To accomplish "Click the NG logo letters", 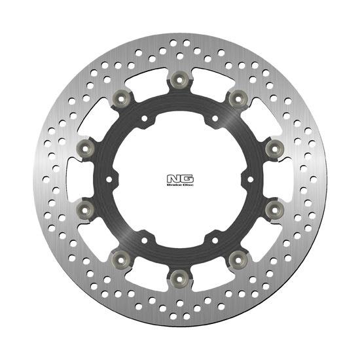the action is coord(180,179).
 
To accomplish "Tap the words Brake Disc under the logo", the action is coord(180,185).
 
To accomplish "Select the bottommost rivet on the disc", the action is coord(180,279).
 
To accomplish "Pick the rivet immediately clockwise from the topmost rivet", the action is coord(238,99).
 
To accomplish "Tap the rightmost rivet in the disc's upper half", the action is coord(275,149).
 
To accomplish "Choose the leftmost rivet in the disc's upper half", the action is coord(85,149).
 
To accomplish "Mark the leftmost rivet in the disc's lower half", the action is coord(85,210).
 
